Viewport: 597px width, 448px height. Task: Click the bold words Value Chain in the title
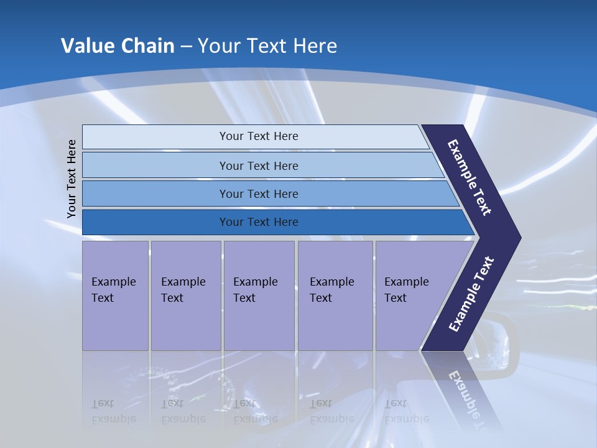tap(118, 46)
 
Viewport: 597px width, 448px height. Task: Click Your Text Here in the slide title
tap(267, 46)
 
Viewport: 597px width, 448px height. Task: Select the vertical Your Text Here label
tap(72, 179)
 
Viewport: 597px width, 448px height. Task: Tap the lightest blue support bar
tap(259, 136)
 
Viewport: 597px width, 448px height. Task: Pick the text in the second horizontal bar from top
tap(259, 166)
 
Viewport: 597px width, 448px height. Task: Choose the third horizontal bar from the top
tap(259, 194)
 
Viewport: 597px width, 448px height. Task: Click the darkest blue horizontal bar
tap(259, 222)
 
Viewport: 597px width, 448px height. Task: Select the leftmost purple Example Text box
tap(115, 296)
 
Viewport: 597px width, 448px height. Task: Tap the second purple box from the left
tap(185, 296)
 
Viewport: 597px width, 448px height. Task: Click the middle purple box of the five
tap(259, 296)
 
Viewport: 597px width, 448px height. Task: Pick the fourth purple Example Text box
tap(335, 296)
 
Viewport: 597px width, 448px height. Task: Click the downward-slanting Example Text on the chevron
tap(470, 177)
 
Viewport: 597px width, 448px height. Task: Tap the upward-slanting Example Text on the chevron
tap(471, 294)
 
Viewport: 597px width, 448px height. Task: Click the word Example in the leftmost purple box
tap(113, 282)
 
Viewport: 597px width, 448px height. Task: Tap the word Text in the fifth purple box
tap(395, 298)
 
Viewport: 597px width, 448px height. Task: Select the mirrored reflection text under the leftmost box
tap(113, 411)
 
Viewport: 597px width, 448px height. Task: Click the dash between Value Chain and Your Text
tap(186, 47)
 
